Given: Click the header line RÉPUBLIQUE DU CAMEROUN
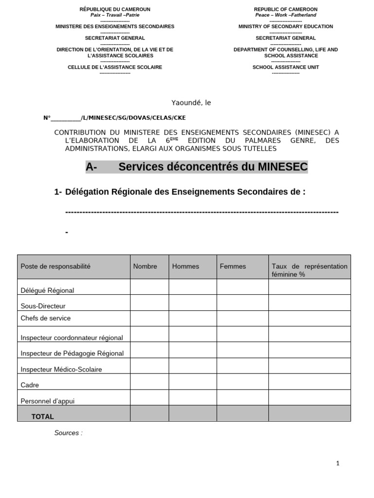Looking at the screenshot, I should (115, 9).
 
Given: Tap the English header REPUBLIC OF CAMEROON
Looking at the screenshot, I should (285, 9).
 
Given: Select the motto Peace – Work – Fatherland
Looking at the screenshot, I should (285, 15).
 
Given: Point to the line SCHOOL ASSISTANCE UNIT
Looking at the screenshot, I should (285, 67).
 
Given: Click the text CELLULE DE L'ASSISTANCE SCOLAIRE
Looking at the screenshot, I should (115, 67).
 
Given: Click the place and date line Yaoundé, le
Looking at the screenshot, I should (191, 103).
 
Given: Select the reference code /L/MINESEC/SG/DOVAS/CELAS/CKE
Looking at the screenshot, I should (133, 118).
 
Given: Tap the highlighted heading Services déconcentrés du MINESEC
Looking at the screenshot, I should (213, 167).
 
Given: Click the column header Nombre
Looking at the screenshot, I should (145, 266).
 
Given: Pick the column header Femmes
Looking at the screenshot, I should (233, 266).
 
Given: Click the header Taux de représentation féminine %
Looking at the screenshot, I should (309, 270).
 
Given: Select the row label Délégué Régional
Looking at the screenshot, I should (47, 290).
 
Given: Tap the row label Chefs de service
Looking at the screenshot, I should (45, 318).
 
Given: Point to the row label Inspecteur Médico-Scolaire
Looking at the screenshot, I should (61, 369).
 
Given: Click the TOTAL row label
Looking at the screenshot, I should (43, 417).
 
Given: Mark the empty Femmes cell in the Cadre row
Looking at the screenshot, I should (242, 382).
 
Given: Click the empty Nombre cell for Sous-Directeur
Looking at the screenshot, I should (149, 302).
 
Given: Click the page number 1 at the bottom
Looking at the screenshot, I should (337, 463).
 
